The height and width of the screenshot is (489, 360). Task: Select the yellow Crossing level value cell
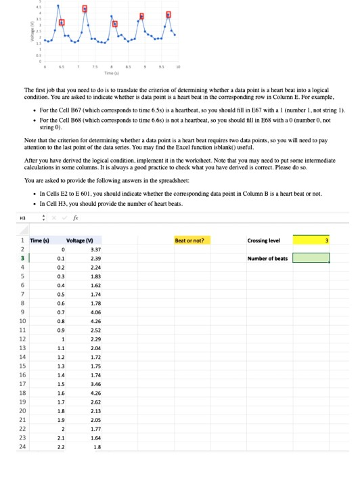(x=311, y=240)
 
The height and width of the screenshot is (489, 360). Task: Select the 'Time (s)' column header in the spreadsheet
(x=37, y=240)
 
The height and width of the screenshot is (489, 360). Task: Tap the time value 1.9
(x=62, y=419)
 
